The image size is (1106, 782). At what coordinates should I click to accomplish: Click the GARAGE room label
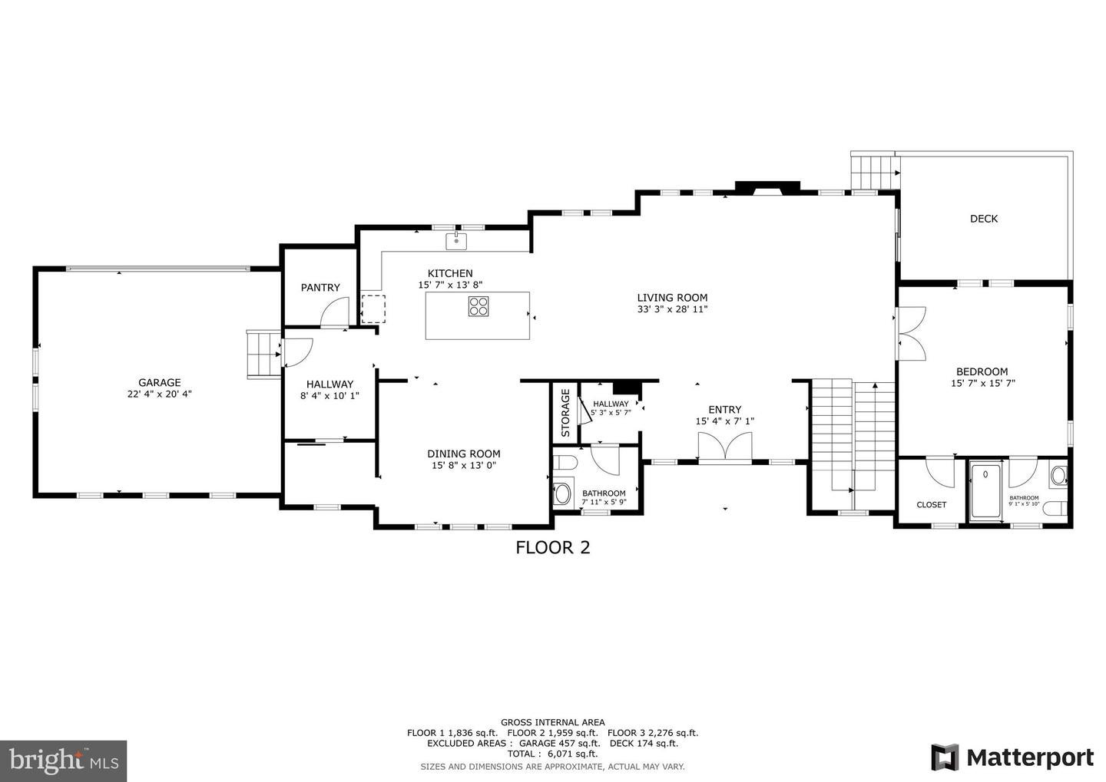tap(159, 382)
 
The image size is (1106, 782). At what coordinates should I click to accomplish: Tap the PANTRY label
tap(320, 288)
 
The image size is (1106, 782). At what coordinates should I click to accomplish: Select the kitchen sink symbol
tap(457, 241)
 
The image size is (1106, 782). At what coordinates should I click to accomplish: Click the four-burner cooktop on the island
tap(478, 306)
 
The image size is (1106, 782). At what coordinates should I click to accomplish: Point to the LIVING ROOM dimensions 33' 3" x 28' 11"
tap(672, 309)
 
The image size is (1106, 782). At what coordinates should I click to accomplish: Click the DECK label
tap(983, 219)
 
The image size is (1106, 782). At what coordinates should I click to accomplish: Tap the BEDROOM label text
tap(982, 371)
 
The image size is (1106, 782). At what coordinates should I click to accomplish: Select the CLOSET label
tap(931, 505)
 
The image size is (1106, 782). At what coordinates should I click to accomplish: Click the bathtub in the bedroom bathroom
tap(985, 491)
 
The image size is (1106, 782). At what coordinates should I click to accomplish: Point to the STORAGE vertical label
tap(565, 413)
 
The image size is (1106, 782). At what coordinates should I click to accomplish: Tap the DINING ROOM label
tap(464, 454)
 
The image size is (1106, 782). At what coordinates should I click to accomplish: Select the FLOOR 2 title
tap(552, 547)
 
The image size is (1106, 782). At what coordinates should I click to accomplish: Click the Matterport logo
tap(1012, 757)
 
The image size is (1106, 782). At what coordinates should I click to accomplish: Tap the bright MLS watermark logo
tap(63, 761)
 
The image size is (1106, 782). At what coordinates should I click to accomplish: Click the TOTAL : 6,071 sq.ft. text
tap(552, 754)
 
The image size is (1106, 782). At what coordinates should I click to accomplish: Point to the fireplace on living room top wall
tap(767, 188)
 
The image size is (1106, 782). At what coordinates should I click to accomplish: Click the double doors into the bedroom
tap(912, 333)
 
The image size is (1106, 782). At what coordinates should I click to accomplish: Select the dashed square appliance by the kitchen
tap(373, 308)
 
